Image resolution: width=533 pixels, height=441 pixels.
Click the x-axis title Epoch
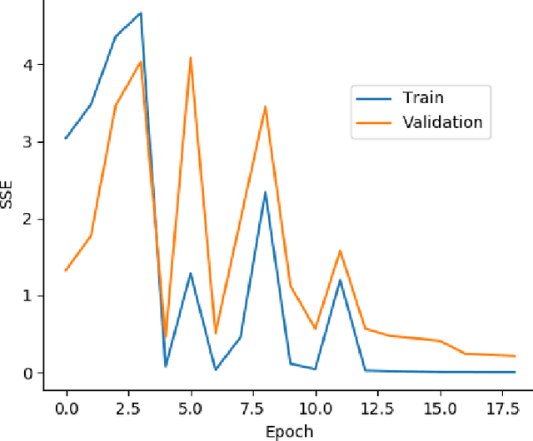click(290, 430)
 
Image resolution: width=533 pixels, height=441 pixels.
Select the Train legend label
click(423, 97)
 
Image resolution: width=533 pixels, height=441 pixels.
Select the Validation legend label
click(442, 122)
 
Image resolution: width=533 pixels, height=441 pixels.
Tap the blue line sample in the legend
click(373, 98)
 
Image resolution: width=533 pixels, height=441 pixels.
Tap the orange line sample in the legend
click(373, 123)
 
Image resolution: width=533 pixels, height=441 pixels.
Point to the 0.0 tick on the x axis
click(66, 409)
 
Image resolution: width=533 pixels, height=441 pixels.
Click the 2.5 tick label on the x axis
click(128, 409)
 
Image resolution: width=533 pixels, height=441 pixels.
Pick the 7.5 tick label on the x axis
click(253, 409)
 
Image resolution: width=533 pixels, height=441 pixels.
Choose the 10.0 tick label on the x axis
click(316, 409)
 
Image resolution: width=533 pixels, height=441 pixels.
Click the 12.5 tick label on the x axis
click(378, 409)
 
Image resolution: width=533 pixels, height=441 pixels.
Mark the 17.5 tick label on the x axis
click(502, 409)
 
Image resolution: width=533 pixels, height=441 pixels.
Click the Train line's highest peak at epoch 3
click(141, 12)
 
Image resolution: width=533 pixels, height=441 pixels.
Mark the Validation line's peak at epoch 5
click(191, 57)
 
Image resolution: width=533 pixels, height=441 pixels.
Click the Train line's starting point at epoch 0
click(66, 138)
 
